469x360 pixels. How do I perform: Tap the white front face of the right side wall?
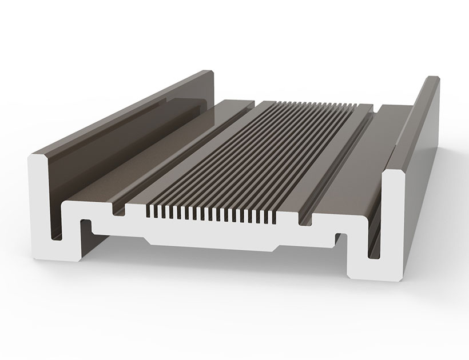tap(392, 206)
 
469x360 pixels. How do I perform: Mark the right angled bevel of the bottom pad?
tap(276, 246)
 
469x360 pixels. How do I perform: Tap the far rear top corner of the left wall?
tap(210, 73)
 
